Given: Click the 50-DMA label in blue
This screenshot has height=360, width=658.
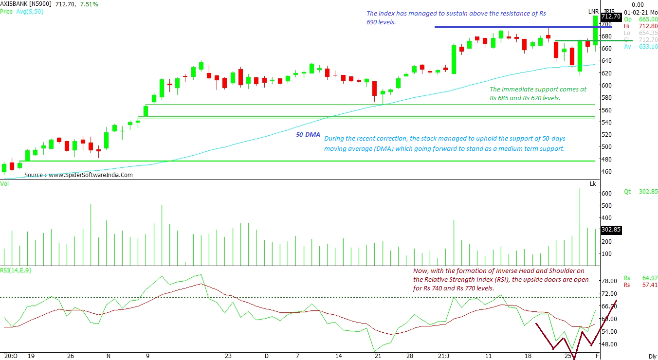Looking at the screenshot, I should click(x=308, y=134).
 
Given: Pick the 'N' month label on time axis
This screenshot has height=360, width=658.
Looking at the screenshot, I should click(x=108, y=356).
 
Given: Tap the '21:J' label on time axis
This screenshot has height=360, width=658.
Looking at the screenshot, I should click(x=443, y=356).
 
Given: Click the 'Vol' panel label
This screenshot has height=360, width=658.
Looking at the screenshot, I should click(x=5, y=183).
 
